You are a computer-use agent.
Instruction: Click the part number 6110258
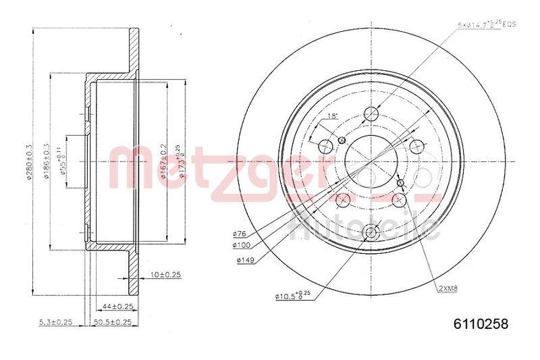click(x=479, y=324)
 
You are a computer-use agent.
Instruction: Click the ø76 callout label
click(x=239, y=234)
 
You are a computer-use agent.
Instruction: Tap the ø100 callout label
click(x=241, y=247)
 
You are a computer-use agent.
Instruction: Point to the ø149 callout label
click(x=243, y=259)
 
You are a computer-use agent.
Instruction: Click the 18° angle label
click(x=332, y=117)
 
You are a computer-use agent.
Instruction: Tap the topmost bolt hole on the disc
click(x=370, y=113)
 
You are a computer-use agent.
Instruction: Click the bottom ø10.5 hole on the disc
click(x=370, y=233)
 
